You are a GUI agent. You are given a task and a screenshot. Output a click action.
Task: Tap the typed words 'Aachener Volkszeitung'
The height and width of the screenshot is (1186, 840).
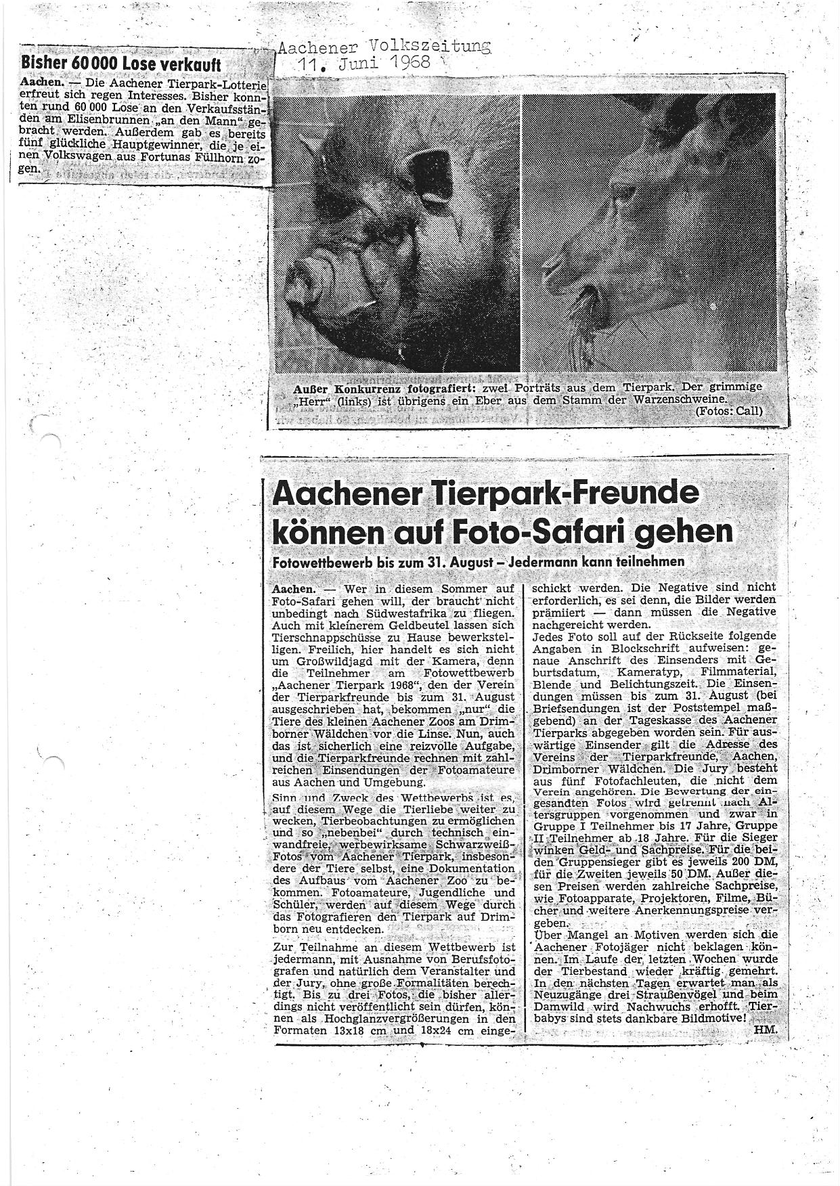pos(384,47)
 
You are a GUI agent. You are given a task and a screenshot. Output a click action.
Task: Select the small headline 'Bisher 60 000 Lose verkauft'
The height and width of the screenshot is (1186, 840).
pos(121,64)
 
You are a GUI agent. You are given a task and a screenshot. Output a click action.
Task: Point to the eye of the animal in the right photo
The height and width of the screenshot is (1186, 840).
pos(623,196)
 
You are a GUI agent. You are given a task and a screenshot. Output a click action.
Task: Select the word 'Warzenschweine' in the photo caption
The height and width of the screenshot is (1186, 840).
pos(721,399)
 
